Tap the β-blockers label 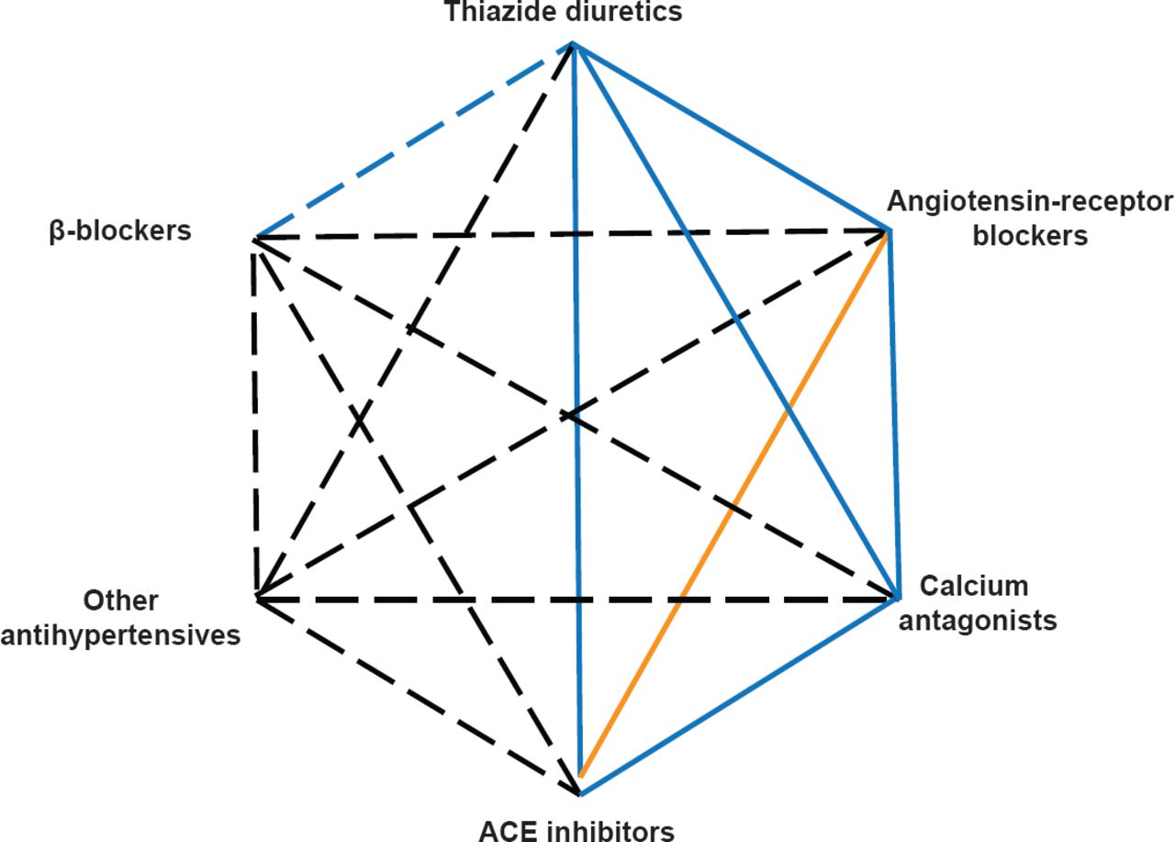(x=119, y=230)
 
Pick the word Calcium (x=960, y=586)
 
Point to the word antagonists (x=978, y=621)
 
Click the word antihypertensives (x=120, y=634)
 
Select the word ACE (x=509, y=832)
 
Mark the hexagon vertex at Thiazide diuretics (x=573, y=43)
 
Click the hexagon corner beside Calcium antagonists (x=896, y=598)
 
